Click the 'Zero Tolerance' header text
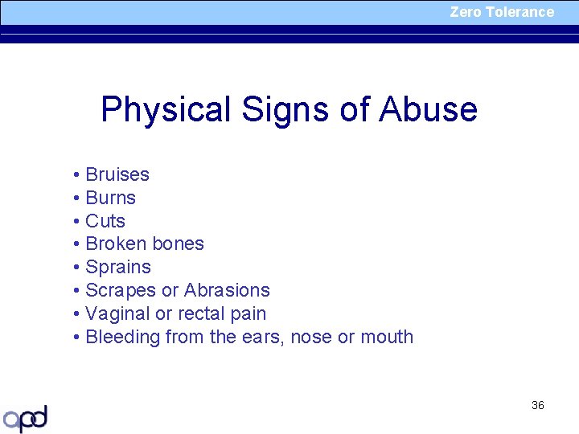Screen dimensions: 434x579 pyautogui.click(x=502, y=12)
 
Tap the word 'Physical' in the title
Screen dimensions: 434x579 pyautogui.click(x=165, y=109)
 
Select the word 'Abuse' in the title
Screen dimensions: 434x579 pyautogui.click(x=428, y=109)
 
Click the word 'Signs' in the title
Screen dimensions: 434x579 pyautogui.click(x=285, y=109)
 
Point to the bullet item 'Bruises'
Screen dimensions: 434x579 pyautogui.click(x=117, y=174)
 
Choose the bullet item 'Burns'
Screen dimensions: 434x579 pyautogui.click(x=110, y=198)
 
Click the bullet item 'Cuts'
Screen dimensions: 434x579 pyautogui.click(x=105, y=221)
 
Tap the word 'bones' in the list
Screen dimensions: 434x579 pyautogui.click(x=179, y=244)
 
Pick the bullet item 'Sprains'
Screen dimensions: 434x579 pyautogui.click(x=117, y=267)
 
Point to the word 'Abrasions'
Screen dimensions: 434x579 pyautogui.click(x=227, y=290)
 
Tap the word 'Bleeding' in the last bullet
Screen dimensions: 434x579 pyautogui.click(x=122, y=337)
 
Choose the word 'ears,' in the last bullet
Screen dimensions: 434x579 pyautogui.click(x=262, y=337)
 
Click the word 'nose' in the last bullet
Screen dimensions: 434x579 pyautogui.click(x=310, y=337)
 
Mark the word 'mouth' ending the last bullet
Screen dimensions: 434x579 pyautogui.click(x=386, y=337)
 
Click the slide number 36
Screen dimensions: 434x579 pyautogui.click(x=538, y=405)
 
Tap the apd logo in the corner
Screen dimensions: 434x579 pyautogui.click(x=26, y=418)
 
